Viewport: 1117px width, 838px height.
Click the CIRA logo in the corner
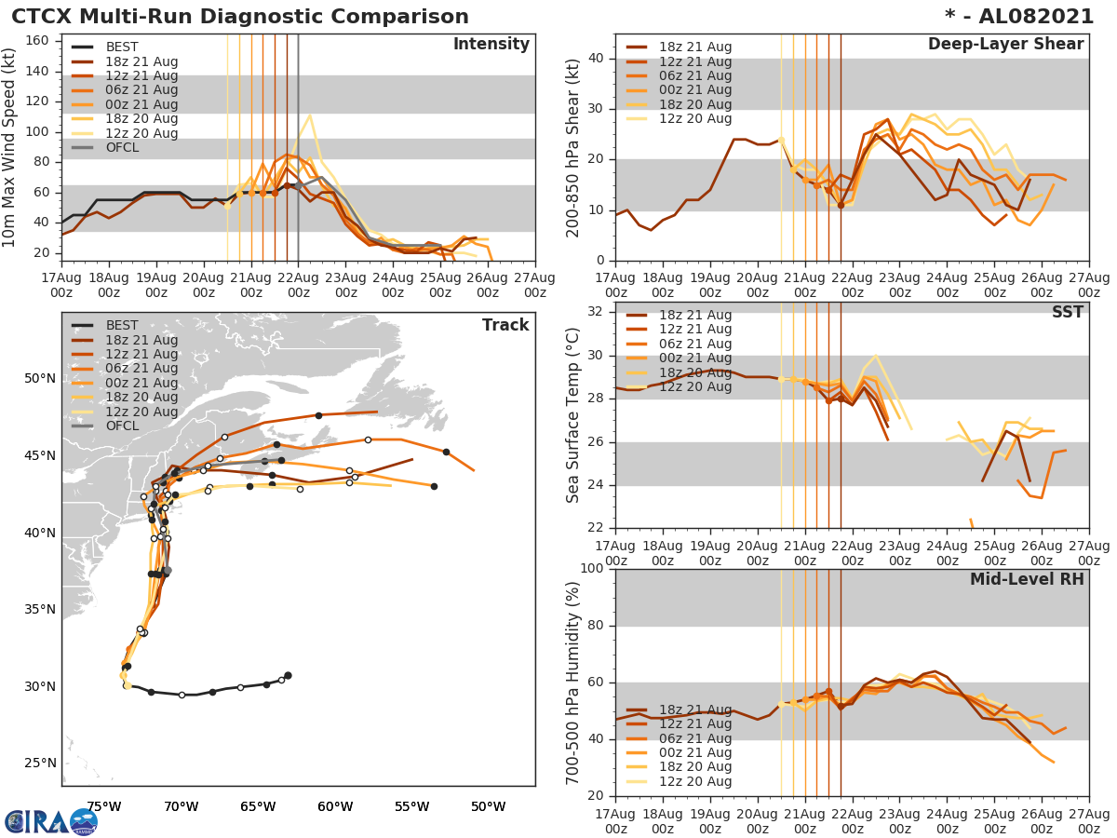pos(50,821)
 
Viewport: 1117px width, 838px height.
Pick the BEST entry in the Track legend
pos(122,326)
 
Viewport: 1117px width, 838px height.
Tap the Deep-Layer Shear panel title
pos(1005,45)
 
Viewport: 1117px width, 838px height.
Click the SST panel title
pos(1068,312)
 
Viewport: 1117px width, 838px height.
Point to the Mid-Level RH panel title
pos(1027,579)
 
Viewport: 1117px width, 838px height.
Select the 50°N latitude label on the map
pos(40,379)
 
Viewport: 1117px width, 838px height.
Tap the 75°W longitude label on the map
pos(103,806)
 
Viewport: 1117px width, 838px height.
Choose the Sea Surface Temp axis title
pos(573,415)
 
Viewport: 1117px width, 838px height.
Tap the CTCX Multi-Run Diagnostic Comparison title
pos(240,17)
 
